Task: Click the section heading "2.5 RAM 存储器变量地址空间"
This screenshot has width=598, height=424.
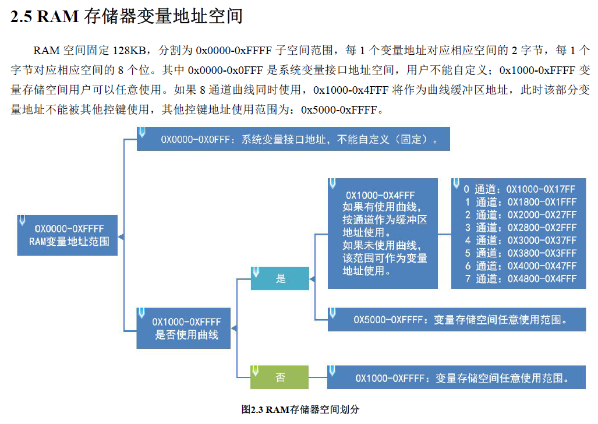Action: tap(126, 16)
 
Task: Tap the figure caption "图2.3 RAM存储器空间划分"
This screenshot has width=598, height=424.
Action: tap(300, 409)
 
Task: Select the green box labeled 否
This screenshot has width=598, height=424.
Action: tap(279, 377)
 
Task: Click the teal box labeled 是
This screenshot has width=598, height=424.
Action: tap(280, 278)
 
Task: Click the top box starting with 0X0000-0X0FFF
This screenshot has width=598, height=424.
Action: tap(293, 140)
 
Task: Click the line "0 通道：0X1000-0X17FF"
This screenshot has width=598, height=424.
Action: tap(519, 189)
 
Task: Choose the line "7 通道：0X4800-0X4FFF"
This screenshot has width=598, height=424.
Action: tap(519, 279)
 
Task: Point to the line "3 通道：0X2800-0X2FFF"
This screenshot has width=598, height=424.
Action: tap(519, 228)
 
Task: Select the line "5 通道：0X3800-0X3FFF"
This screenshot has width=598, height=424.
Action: tap(519, 253)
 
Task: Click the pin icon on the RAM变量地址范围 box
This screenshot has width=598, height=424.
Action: tap(22, 220)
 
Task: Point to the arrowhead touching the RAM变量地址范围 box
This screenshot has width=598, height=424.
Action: tap(121, 236)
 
